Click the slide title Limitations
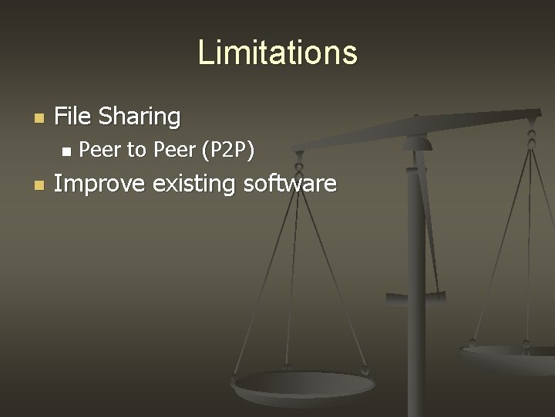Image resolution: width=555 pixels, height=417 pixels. click(x=277, y=53)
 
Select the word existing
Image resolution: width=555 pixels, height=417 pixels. click(x=195, y=185)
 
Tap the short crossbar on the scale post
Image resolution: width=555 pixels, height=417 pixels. click(x=416, y=296)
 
